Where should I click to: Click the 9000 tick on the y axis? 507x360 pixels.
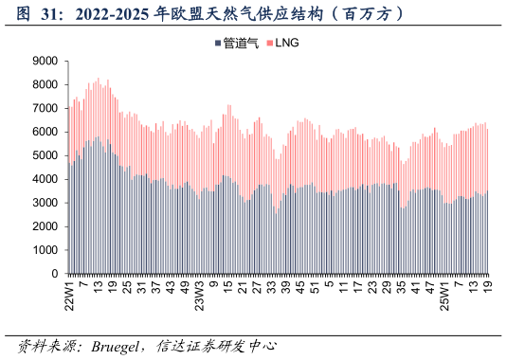[45, 61]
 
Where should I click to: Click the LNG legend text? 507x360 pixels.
[287, 43]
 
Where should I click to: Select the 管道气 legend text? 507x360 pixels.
[241, 43]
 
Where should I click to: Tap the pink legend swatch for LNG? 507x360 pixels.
[268, 43]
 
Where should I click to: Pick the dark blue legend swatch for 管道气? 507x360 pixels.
[218, 43]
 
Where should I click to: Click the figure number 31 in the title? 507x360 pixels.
[45, 14]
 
